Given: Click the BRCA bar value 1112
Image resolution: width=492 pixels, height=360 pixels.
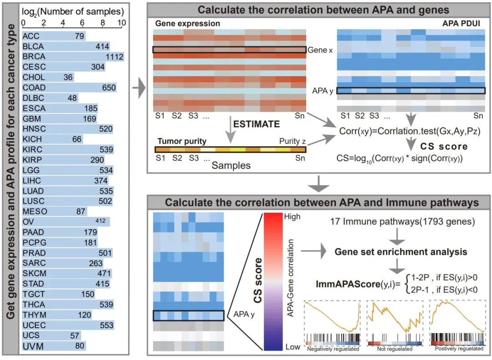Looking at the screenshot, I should click(x=114, y=57).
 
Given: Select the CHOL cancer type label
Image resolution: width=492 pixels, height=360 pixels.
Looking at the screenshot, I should click(x=34, y=77).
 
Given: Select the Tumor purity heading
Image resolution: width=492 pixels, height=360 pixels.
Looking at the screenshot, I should click(x=182, y=141).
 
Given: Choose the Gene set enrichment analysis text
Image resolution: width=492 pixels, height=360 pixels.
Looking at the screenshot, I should click(x=401, y=251).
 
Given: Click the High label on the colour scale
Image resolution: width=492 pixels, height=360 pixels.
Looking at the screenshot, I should click(x=292, y=216).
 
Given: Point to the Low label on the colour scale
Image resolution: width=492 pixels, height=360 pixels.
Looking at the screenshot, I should click(x=292, y=347).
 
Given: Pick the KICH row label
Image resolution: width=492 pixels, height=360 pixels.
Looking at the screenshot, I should click(x=33, y=139).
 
